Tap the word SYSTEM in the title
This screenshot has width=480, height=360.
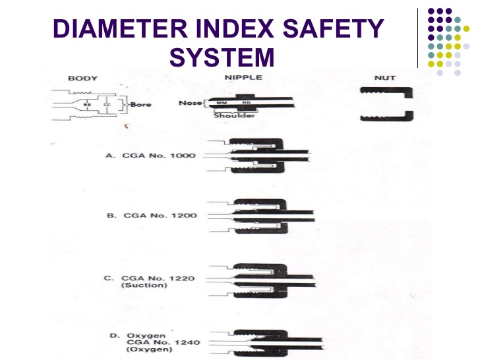pos(222,57)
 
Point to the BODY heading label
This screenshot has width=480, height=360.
pos(83,78)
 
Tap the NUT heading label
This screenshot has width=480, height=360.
pos(384,78)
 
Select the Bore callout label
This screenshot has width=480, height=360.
pos(140,104)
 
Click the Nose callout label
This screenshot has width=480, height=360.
pos(191,102)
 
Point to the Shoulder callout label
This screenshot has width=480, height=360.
pos(231,115)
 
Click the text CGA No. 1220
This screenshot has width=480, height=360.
pos(156,278)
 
